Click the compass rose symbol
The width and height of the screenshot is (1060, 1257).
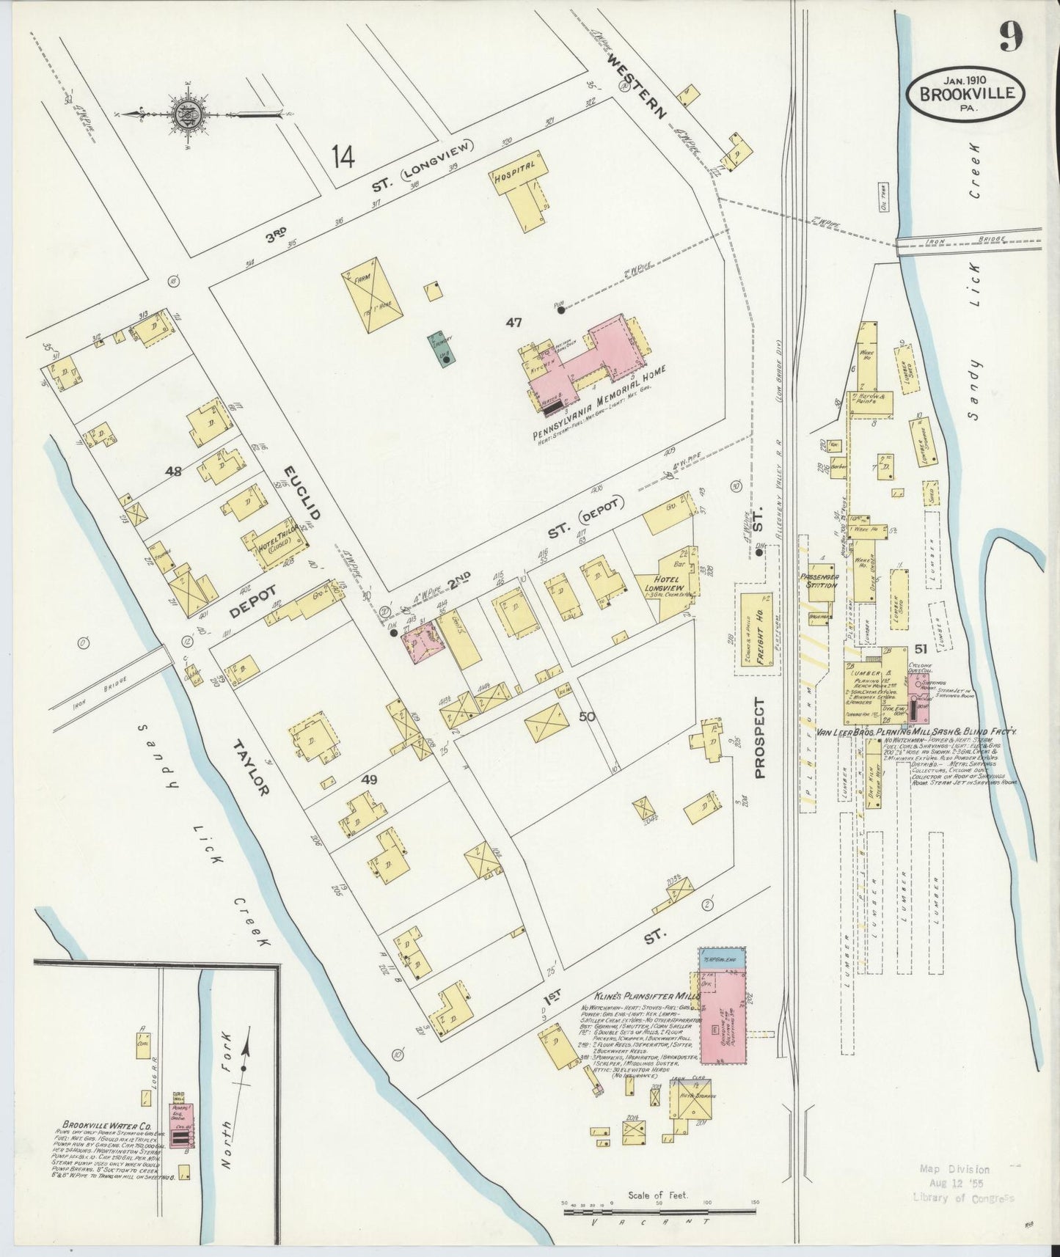180,114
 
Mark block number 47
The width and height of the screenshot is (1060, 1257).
513,323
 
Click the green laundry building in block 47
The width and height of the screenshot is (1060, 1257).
442,349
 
